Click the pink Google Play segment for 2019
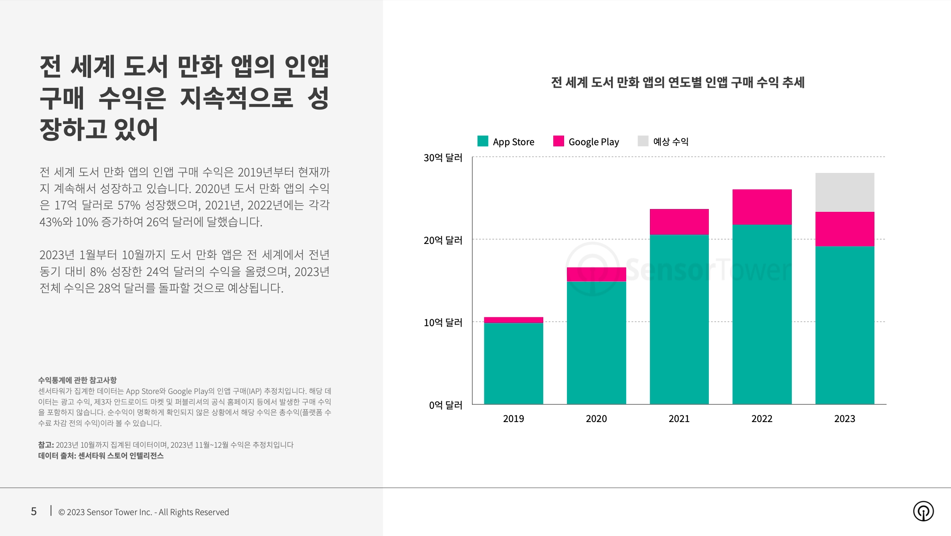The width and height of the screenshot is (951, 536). click(513, 320)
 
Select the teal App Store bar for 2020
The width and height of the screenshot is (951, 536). click(596, 343)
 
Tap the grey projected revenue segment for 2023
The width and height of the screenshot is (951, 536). click(845, 192)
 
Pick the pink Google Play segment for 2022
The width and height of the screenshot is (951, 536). click(762, 207)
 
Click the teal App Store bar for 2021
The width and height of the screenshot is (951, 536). click(679, 319)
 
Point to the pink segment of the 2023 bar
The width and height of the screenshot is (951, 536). click(845, 229)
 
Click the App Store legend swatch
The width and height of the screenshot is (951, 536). click(483, 141)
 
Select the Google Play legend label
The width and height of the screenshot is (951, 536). click(593, 142)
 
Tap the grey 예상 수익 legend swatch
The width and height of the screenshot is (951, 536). click(643, 141)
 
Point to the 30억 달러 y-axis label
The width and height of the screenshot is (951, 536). click(443, 158)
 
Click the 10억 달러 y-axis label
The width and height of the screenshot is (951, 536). click(443, 323)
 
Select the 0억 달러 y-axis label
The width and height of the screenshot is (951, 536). click(445, 405)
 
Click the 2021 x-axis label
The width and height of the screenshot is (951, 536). click(679, 419)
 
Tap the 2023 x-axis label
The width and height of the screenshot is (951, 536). click(845, 419)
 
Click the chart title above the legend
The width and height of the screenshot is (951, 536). click(678, 83)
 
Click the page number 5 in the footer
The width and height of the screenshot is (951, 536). click(34, 512)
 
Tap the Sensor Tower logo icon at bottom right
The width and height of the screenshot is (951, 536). click(923, 511)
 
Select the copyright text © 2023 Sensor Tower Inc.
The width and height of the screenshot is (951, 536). click(144, 512)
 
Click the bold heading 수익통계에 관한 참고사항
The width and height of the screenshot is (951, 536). click(77, 380)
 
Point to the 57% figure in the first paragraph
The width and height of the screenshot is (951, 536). click(129, 205)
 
